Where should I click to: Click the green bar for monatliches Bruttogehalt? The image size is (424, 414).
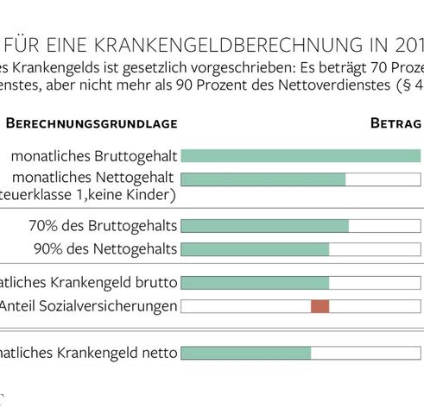tap(301, 156)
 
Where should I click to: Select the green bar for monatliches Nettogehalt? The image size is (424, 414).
tap(263, 179)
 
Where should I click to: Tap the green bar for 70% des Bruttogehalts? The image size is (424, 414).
tap(264, 226)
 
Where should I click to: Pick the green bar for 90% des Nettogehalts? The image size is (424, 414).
tap(255, 249)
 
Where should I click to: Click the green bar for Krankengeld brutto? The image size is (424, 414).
tap(255, 283)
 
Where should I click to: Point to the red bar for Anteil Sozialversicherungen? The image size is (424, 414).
tap(320, 306)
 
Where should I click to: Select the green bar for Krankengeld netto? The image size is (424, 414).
tap(245, 353)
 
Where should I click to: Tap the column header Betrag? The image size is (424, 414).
tap(396, 123)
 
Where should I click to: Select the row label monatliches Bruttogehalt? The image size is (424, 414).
tap(95, 156)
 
